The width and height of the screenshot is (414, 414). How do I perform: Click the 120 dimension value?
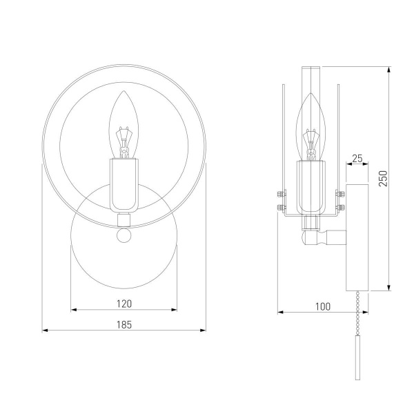click(x=124, y=304)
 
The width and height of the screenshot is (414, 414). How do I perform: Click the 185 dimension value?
click(x=124, y=324)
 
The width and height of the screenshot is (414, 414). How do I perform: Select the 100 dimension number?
click(x=323, y=306)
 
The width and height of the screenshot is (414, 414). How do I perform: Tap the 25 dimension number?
click(x=357, y=159)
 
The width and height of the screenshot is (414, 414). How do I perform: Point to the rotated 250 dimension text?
click(x=383, y=179)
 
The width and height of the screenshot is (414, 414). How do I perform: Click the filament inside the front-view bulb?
click(x=124, y=143)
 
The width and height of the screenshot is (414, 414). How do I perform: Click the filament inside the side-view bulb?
click(x=310, y=145)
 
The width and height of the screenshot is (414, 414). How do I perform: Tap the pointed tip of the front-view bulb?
click(x=124, y=91)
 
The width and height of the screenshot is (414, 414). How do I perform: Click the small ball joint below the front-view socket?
click(x=124, y=235)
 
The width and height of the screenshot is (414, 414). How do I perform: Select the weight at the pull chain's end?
click(x=357, y=357)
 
